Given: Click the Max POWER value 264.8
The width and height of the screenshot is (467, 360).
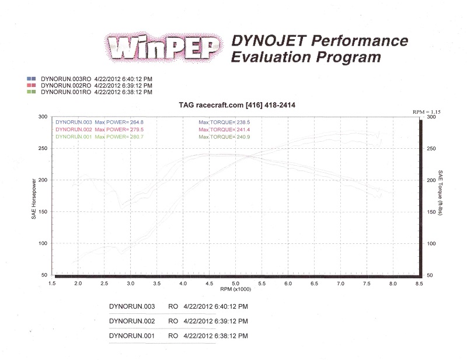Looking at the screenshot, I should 133,122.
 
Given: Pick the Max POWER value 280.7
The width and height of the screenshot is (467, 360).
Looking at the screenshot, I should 133,136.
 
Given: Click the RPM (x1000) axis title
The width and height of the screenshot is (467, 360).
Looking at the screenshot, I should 235,289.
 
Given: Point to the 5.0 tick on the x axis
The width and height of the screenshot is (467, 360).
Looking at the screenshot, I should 235,282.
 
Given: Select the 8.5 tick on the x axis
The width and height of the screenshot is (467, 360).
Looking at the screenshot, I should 419,282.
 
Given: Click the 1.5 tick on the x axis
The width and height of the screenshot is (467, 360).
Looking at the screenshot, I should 52,282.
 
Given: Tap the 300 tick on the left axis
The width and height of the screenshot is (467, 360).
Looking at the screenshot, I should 42,117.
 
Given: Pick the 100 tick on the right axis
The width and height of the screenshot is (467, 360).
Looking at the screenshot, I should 431,243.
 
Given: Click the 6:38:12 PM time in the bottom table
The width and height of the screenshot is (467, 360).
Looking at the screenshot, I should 233,336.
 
